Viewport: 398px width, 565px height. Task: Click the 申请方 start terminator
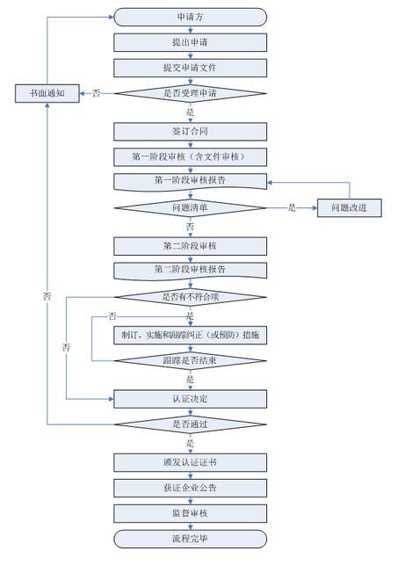[x=190, y=17]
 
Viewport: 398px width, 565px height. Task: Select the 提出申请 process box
[x=190, y=42]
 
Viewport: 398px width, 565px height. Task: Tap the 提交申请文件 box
[x=190, y=68]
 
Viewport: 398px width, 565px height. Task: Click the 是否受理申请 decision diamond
[x=190, y=93]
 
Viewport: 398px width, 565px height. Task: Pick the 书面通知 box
[x=47, y=93]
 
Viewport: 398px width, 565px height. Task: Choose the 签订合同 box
[x=190, y=132]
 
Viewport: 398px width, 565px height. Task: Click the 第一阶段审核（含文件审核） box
[x=190, y=156]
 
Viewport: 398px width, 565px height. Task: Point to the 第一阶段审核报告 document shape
[x=190, y=182]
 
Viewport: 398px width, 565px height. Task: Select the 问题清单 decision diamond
[x=190, y=208]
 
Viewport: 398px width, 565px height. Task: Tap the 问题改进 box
[x=350, y=208]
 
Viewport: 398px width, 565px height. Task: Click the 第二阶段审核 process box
[x=190, y=246]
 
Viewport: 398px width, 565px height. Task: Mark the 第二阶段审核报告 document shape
[x=190, y=271]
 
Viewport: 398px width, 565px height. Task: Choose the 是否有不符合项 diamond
[x=190, y=297]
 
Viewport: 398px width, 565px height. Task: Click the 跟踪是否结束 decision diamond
[x=190, y=360]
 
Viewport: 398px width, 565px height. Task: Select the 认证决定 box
[x=190, y=399]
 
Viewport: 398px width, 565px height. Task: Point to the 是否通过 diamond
[x=190, y=424]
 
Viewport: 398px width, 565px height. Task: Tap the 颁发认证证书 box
[x=190, y=463]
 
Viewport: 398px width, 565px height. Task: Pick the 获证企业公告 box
[x=190, y=489]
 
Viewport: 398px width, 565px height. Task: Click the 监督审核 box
[x=190, y=513]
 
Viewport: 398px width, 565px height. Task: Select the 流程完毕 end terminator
[x=190, y=539]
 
